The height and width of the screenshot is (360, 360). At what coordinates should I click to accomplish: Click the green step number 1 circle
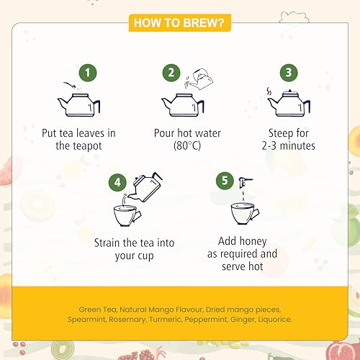[x=88, y=73]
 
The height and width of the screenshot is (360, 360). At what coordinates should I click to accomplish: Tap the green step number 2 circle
[x=171, y=73]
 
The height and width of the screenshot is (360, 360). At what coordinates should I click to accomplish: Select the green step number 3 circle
[x=289, y=73]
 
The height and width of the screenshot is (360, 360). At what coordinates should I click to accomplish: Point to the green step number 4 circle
[x=117, y=182]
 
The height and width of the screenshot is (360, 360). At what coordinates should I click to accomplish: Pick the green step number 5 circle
[x=225, y=181]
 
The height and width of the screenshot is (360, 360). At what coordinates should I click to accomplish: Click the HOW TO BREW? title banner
[x=179, y=23]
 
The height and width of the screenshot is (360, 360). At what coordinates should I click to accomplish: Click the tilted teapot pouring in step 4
[x=146, y=186]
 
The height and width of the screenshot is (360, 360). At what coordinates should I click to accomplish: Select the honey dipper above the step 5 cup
[x=245, y=182]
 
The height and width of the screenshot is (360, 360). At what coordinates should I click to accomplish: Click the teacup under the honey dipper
[x=244, y=213]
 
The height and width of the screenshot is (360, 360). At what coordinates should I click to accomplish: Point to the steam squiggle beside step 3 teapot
[x=269, y=91]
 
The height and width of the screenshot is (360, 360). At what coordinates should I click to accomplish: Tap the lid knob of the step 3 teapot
[x=290, y=91]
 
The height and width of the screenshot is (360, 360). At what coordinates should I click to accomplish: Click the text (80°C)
[x=187, y=145]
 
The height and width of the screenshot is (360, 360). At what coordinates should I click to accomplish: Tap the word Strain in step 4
[x=107, y=243]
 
